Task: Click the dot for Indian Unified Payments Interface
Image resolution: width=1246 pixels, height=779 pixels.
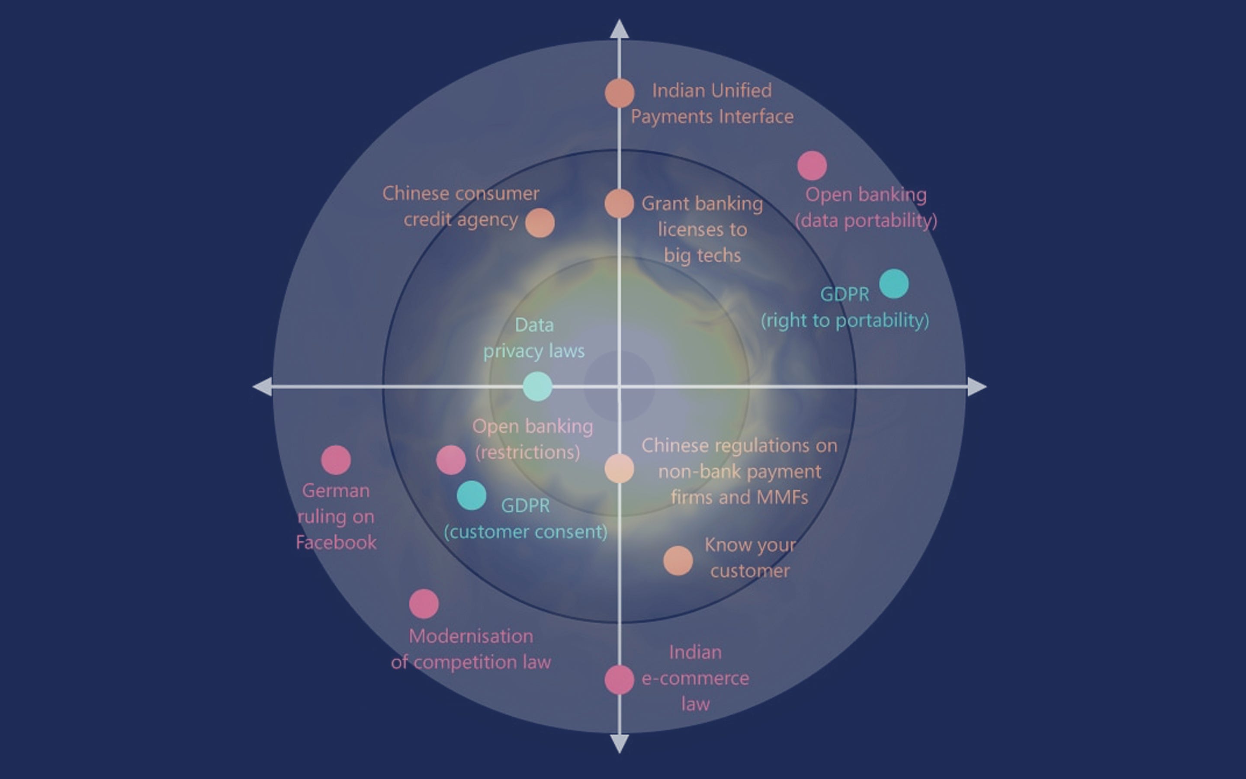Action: (x=619, y=93)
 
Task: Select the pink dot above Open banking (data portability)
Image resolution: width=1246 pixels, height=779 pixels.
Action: (x=812, y=165)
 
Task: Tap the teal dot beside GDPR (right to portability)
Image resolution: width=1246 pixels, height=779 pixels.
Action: (x=894, y=283)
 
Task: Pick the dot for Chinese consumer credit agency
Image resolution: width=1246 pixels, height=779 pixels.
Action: (x=540, y=222)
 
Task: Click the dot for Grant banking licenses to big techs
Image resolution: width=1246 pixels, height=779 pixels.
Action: (x=619, y=203)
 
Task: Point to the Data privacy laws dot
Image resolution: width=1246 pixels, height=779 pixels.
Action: (x=537, y=386)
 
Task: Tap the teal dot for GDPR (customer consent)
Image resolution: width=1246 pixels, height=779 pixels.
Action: (x=471, y=495)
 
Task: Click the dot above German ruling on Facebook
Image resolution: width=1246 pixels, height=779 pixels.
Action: (x=336, y=460)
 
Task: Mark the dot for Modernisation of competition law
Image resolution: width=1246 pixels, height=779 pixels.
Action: (x=424, y=604)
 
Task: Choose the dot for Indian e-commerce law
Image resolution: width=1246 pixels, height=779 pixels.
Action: (x=619, y=679)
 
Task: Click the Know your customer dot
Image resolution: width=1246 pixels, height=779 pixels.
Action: (x=678, y=560)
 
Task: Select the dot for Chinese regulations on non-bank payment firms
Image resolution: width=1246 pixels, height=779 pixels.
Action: (x=619, y=468)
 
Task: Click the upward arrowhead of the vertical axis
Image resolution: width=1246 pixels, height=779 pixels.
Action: (x=619, y=29)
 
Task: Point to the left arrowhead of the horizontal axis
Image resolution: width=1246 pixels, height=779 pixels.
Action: (x=263, y=386)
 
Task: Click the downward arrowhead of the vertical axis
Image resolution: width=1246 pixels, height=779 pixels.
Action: (x=619, y=744)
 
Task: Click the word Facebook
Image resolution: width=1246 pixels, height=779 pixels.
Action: (x=336, y=543)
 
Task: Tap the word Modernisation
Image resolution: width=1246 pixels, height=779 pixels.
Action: (x=471, y=636)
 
